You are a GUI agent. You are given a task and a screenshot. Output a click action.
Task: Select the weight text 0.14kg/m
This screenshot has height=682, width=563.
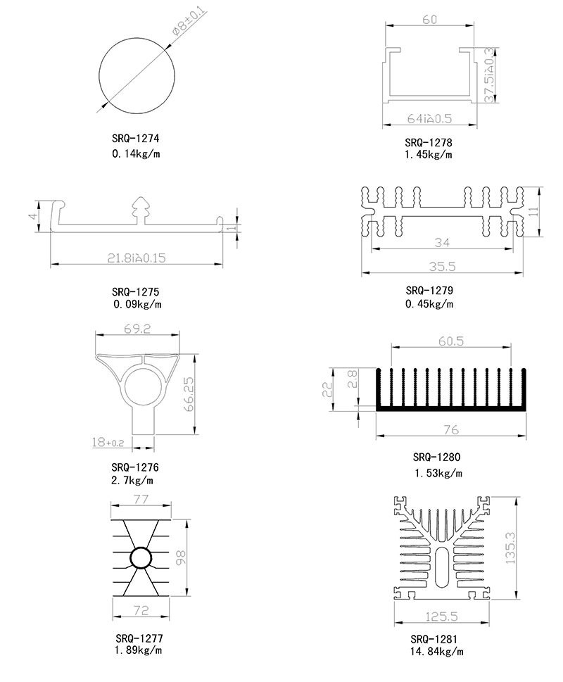136,153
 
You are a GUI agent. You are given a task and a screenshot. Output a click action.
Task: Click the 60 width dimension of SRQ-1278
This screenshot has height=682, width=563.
429,20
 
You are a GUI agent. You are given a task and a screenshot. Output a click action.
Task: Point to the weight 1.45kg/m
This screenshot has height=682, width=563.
429,154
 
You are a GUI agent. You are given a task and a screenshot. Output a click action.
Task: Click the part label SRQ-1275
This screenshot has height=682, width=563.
136,291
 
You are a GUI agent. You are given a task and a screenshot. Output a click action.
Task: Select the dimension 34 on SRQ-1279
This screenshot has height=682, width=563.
442,243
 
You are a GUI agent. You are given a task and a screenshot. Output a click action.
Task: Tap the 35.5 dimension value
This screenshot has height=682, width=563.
442,266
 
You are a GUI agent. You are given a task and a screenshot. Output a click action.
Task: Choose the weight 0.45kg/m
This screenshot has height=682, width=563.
429,304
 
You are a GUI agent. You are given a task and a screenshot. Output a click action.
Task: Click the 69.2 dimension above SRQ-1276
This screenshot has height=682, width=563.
137,329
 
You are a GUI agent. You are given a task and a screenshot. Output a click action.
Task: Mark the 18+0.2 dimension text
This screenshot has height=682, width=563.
108,442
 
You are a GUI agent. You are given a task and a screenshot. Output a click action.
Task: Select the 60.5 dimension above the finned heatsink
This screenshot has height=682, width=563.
450,341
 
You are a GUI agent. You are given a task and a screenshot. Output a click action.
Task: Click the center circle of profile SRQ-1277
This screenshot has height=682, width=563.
141,557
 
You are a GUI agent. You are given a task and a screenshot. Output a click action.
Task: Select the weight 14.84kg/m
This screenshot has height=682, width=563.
437,652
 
